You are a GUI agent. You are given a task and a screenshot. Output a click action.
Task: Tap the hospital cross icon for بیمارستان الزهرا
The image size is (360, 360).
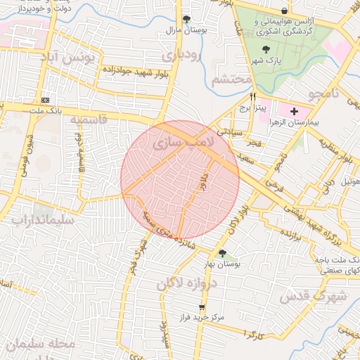coord(292,111)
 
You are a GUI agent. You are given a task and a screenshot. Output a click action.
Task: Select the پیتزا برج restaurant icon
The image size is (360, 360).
coord(253,97)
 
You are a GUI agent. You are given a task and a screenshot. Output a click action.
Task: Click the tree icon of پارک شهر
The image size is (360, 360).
coord(266,49)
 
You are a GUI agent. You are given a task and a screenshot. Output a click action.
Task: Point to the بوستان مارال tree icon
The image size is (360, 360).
coord(186,20)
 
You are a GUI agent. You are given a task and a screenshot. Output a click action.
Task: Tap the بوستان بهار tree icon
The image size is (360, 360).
coord(222,253)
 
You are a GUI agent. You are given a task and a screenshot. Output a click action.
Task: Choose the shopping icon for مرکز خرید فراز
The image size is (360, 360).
coord(202,308)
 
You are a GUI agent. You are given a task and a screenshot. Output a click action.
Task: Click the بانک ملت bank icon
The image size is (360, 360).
coord(46,100)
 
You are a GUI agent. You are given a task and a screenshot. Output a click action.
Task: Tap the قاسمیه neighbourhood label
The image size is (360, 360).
coord(89,120)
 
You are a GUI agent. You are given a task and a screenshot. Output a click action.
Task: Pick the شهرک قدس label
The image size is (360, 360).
coord(314,297)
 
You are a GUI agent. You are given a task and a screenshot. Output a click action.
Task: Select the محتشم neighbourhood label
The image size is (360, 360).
coord(231,79)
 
